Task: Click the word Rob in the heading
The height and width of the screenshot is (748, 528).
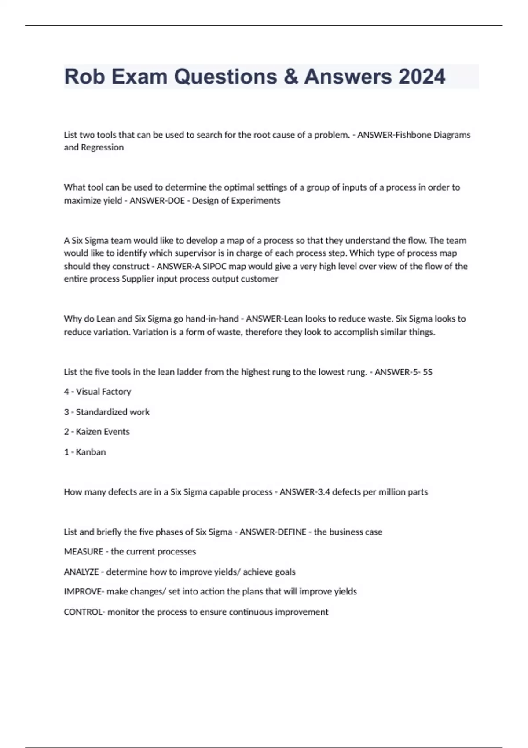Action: (85, 77)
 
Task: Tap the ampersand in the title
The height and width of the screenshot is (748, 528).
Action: (290, 77)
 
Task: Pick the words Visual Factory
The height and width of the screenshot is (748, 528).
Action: (103, 392)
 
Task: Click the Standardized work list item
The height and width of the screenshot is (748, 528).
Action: (113, 412)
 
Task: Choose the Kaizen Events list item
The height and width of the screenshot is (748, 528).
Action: (103, 432)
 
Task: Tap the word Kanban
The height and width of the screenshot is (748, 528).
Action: (91, 452)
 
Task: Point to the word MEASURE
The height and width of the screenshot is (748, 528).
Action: (84, 552)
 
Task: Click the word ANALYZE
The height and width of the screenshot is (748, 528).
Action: (81, 572)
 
